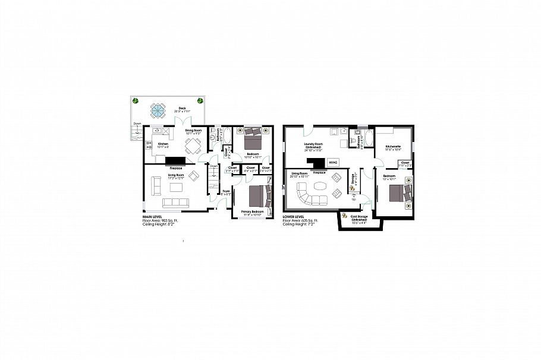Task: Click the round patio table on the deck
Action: point(158,110)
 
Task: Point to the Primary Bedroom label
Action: point(253,212)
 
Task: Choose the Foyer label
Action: point(226,191)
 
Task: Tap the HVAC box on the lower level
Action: point(334,162)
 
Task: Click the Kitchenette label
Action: point(393,147)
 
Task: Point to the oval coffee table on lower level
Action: point(321,185)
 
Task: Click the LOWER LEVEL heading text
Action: point(294,217)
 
